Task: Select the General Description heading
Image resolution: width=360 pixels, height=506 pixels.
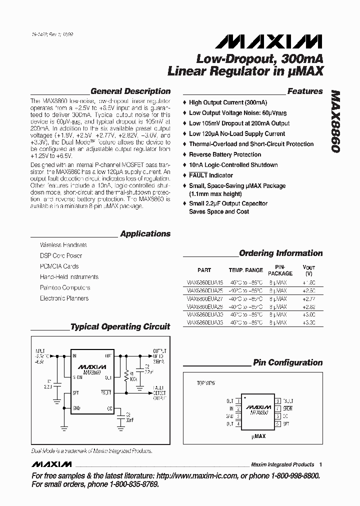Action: click(130, 91)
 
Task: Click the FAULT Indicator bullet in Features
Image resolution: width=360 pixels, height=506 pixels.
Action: click(210, 175)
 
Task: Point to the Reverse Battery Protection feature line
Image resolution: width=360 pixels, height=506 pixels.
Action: click(225, 154)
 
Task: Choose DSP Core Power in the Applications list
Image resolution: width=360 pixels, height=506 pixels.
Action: click(61, 255)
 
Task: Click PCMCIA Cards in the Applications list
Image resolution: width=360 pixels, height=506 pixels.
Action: click(59, 266)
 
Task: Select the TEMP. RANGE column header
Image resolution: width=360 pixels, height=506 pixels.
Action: click(245, 270)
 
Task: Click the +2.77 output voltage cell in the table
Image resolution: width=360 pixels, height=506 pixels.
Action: click(308, 298)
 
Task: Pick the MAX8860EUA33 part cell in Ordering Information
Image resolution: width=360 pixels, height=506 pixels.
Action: click(204, 323)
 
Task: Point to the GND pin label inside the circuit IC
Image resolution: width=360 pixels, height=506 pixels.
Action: click(76, 408)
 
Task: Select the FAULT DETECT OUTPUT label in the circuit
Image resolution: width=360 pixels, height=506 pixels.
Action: click(159, 394)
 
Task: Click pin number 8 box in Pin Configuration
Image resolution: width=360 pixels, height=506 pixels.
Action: click(277, 401)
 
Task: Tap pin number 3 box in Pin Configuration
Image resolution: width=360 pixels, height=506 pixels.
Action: click(238, 416)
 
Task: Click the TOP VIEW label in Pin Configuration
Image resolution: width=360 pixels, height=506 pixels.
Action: click(205, 383)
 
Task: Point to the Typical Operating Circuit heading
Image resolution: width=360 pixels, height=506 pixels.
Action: click(120, 327)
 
